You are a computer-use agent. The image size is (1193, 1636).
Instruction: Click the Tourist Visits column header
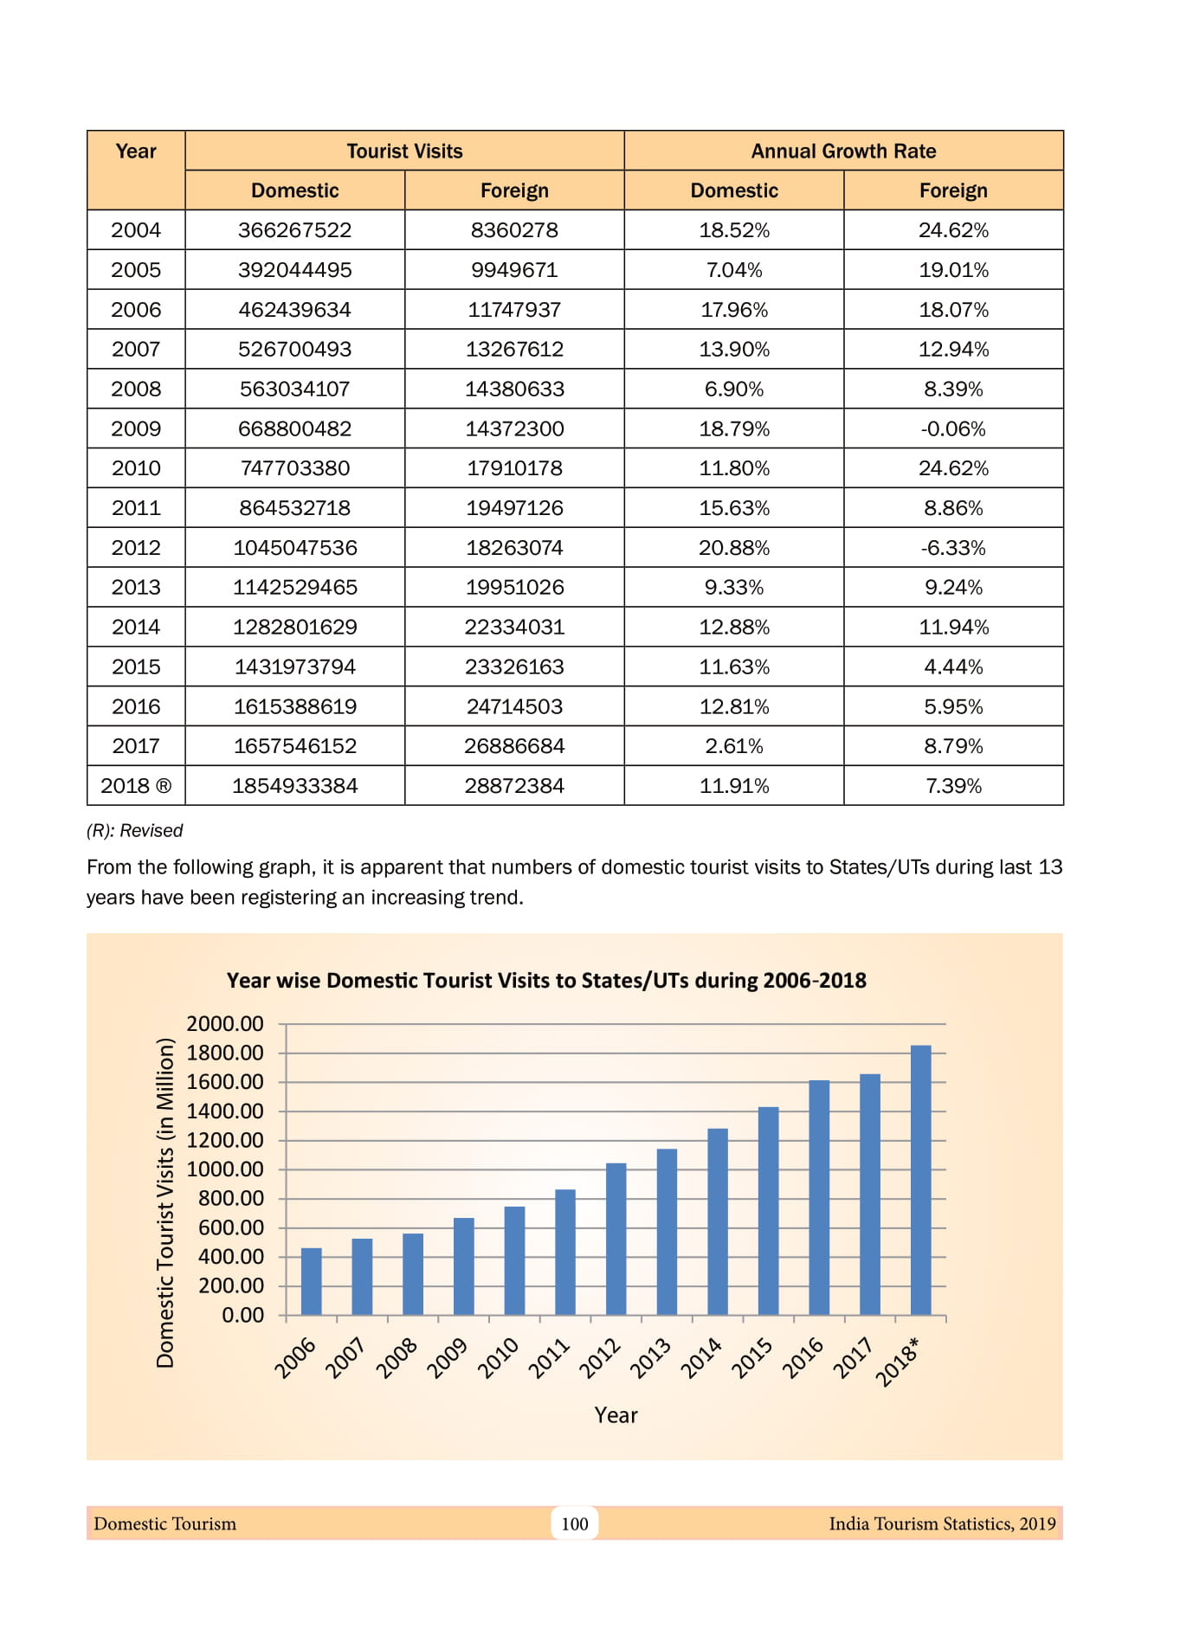click(404, 151)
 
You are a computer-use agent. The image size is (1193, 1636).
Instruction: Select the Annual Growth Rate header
click(843, 151)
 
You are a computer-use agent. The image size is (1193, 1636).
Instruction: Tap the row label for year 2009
click(136, 428)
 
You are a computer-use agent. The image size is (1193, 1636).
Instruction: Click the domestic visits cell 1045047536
click(295, 548)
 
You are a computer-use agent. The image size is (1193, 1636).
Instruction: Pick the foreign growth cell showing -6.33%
click(953, 548)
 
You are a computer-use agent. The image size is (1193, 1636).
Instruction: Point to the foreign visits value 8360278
click(514, 230)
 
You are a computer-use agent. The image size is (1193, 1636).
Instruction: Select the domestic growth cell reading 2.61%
click(734, 746)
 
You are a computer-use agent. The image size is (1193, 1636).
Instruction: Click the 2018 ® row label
click(136, 786)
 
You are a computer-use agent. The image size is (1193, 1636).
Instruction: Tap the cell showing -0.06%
click(953, 428)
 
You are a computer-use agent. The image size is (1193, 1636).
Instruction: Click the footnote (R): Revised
click(135, 831)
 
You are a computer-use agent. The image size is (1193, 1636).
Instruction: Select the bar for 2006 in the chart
click(312, 1281)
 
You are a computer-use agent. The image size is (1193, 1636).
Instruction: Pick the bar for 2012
click(616, 1239)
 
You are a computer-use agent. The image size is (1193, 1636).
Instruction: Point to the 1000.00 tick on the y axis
click(226, 1169)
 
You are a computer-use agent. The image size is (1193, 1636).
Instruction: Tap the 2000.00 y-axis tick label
click(226, 1024)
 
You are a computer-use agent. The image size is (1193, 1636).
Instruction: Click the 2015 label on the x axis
click(751, 1356)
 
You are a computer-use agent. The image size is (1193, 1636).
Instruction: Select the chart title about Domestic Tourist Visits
click(546, 981)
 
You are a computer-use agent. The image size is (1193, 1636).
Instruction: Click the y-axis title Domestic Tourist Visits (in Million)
click(164, 1203)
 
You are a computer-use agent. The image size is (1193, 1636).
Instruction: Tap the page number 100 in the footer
click(575, 1523)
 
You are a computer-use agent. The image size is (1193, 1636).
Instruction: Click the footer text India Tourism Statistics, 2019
click(942, 1523)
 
